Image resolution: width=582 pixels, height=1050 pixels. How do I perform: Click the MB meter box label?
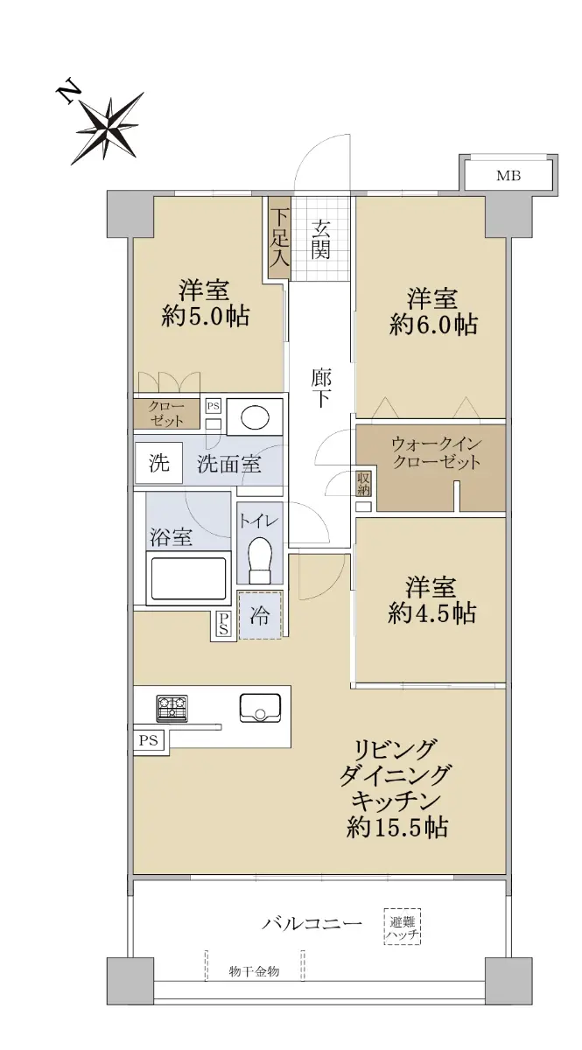tap(508, 176)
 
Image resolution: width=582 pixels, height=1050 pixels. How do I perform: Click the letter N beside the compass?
tap(67, 94)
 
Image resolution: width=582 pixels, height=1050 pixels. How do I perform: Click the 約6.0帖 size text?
tap(433, 325)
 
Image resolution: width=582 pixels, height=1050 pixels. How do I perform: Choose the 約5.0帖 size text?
tap(206, 317)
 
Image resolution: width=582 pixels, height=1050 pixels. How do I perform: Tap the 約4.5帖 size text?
tap(432, 613)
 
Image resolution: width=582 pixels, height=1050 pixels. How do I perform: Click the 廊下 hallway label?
tap(321, 389)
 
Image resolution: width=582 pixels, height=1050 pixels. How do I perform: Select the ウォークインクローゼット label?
tap(437, 453)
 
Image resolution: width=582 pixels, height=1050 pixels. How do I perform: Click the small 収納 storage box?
tap(364, 484)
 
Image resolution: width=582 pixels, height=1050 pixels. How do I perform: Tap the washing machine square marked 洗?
tap(158, 463)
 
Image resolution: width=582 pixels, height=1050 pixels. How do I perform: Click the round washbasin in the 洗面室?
tap(256, 416)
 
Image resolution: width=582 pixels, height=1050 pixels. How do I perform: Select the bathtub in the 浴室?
tap(188, 578)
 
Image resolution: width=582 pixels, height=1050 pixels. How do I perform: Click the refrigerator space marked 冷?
tap(260, 615)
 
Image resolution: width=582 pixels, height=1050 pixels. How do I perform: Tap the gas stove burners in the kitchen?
tap(172, 708)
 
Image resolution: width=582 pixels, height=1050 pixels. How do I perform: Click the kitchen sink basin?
tap(260, 707)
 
